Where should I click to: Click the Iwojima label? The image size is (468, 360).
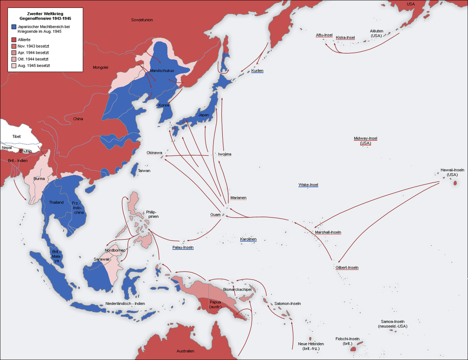tap(225, 154)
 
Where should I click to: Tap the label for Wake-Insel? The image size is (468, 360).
tap(308, 185)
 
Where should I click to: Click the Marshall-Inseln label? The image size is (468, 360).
tap(328, 232)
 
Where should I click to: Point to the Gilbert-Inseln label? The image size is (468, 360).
tap(347, 268)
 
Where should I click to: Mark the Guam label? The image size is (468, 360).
tap(215, 215)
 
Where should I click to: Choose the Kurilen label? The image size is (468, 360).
tap(257, 71)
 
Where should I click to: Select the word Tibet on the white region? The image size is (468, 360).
tap(16, 136)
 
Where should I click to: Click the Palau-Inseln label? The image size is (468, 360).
tap(183, 247)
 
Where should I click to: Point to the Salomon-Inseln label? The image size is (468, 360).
tap(287, 304)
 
